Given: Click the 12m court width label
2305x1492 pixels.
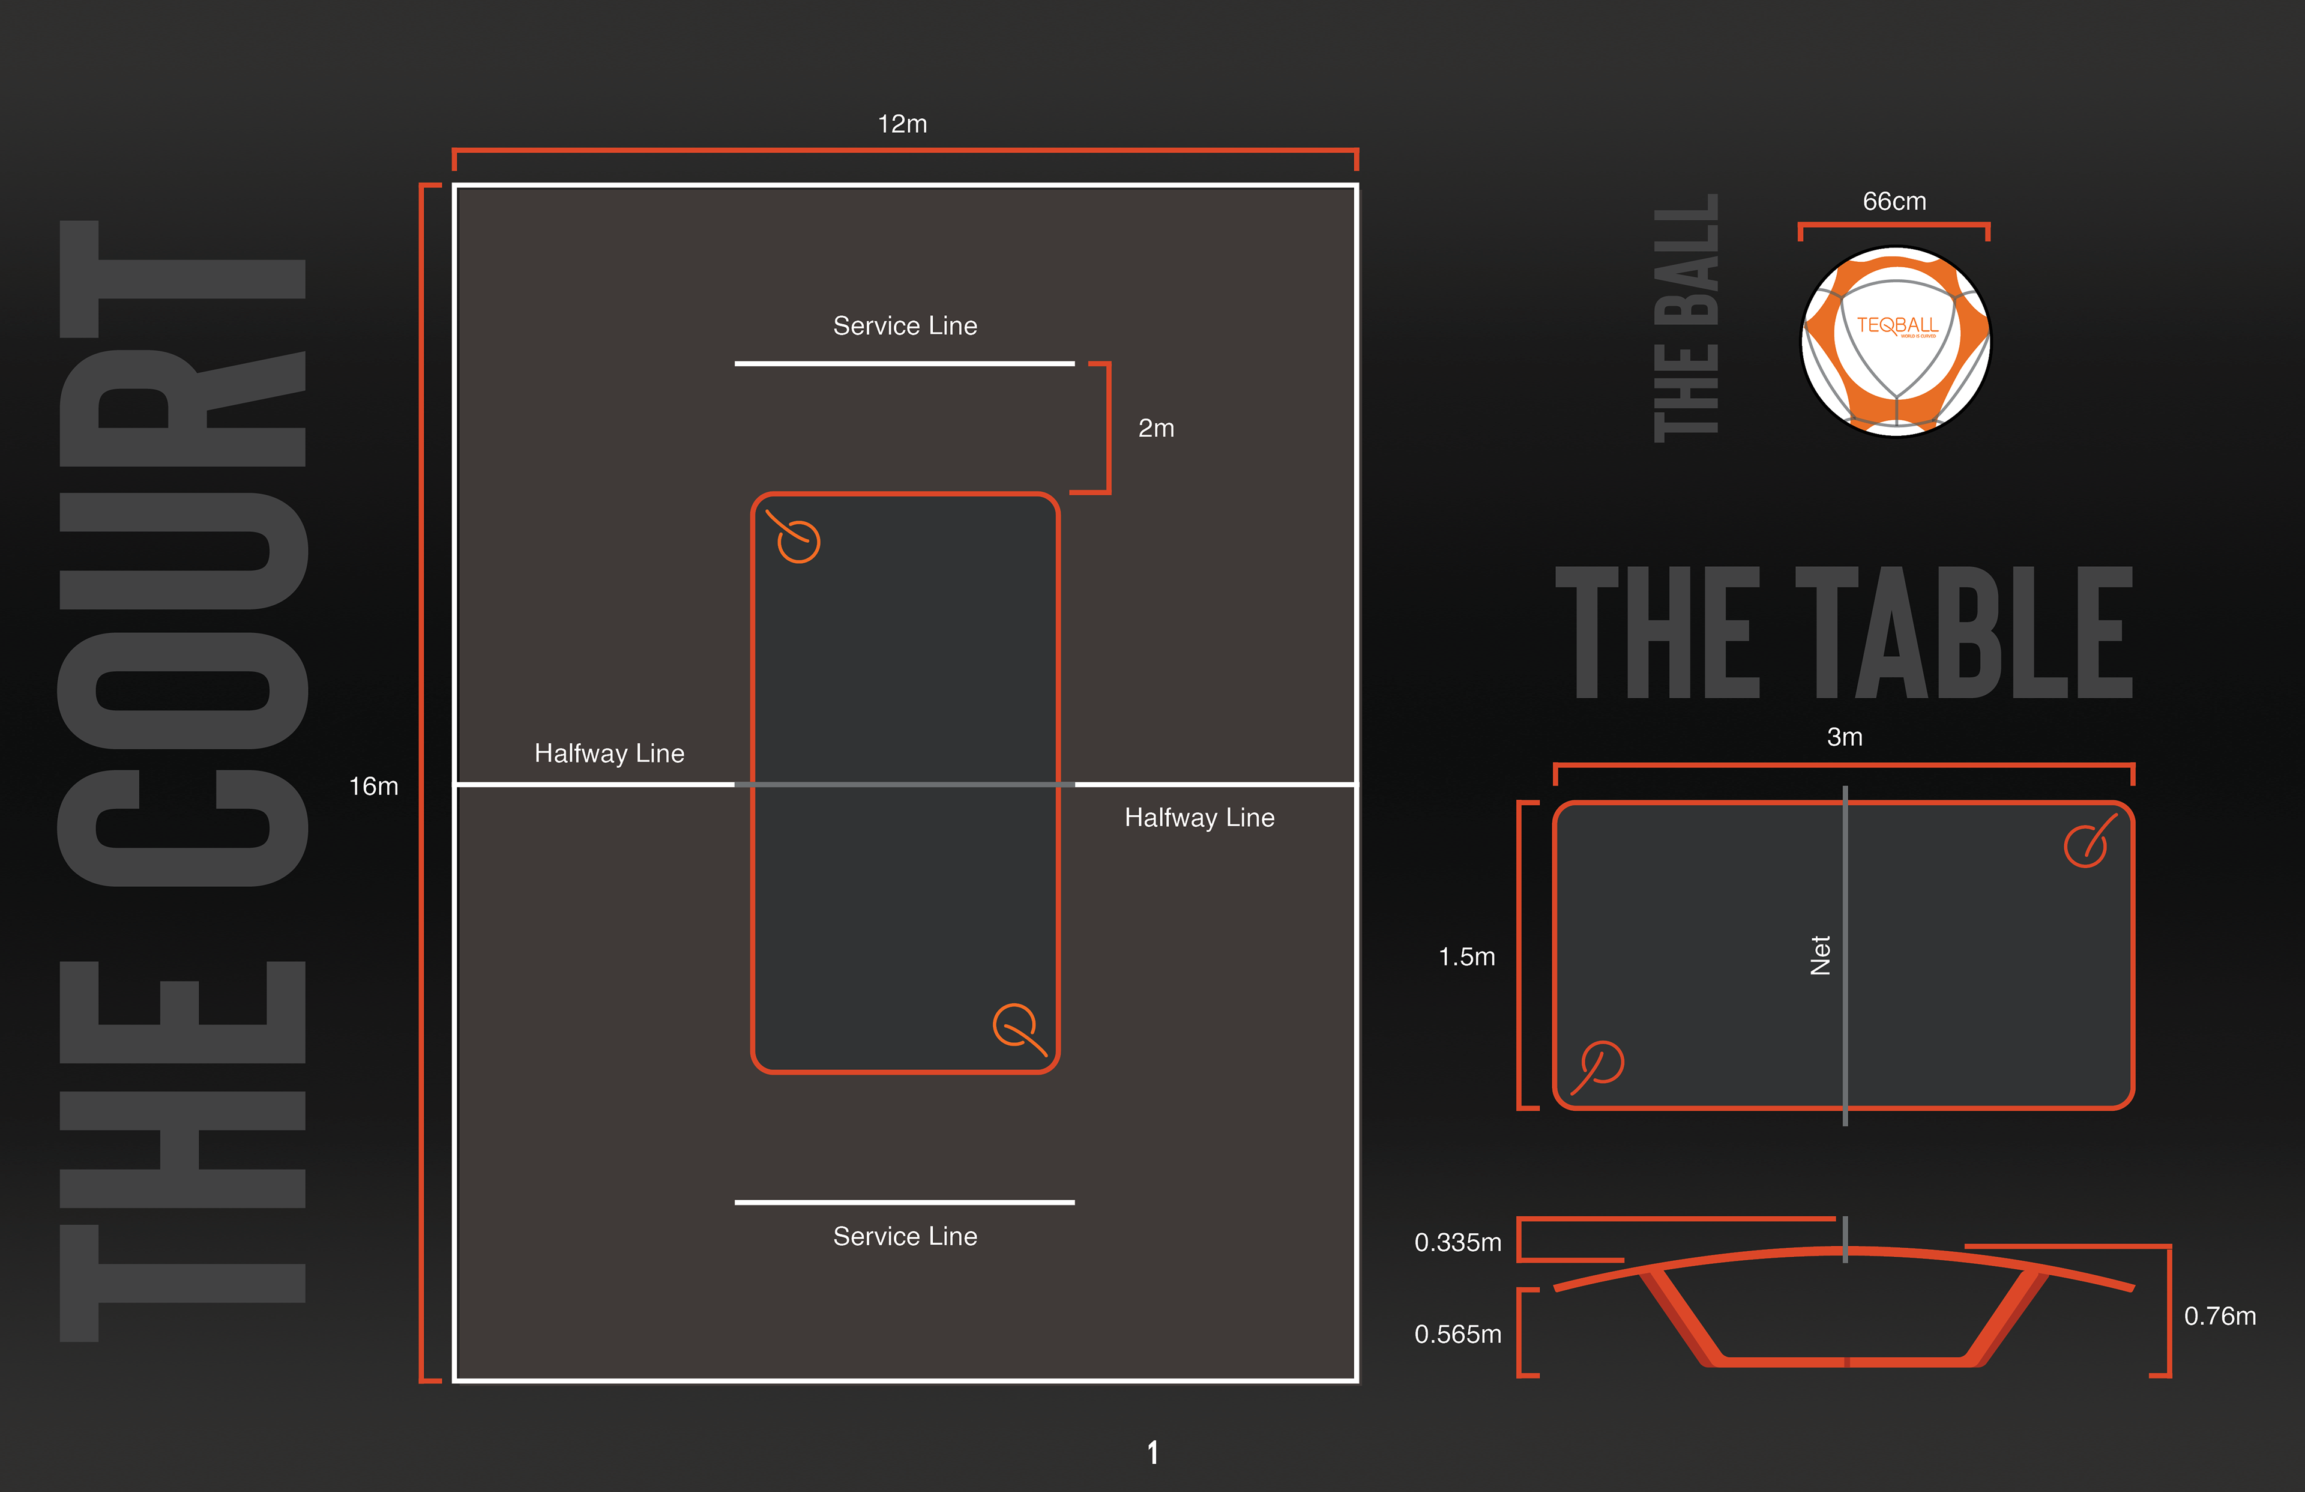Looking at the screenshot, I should click(x=902, y=124).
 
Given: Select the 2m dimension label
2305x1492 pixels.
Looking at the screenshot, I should click(x=1156, y=427).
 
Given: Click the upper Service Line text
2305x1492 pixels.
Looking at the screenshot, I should click(x=905, y=325).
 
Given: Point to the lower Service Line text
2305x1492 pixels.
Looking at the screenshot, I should click(x=905, y=1236).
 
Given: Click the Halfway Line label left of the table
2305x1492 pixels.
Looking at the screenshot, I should click(x=609, y=753).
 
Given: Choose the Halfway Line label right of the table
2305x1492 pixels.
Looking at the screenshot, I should click(x=1199, y=818).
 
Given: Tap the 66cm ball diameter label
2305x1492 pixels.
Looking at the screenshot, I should click(x=1894, y=202).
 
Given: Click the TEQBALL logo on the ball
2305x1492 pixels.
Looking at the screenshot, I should click(x=1896, y=325).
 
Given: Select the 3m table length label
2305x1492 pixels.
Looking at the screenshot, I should click(x=1844, y=737).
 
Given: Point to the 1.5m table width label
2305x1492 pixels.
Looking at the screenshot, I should click(x=1466, y=956).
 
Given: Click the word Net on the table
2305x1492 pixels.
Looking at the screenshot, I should click(x=1821, y=955).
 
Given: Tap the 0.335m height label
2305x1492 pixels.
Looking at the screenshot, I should click(x=1457, y=1242).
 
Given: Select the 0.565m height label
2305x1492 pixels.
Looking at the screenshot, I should click(x=1457, y=1334).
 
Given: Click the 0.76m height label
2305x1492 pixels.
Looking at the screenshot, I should click(x=2220, y=1315).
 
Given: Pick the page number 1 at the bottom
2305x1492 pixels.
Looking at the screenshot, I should click(x=1152, y=1452).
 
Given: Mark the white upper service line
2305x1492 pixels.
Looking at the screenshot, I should click(x=905, y=363).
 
